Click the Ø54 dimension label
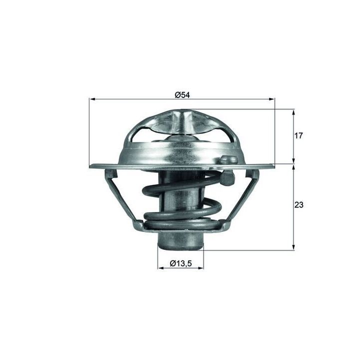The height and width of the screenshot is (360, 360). click(182, 94)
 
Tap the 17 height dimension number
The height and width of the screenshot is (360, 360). click(298, 135)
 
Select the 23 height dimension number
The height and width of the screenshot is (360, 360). click(298, 204)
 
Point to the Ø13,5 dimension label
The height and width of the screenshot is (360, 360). click(180, 263)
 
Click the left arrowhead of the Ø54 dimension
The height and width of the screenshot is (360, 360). click(92, 99)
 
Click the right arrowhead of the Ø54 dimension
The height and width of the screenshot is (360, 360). click(271, 99)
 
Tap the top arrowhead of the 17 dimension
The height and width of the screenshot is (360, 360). click(293, 112)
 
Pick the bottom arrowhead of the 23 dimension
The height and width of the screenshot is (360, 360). click(293, 247)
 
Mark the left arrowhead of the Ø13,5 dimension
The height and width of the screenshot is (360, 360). click(160, 268)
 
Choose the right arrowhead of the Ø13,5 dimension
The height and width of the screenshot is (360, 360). click(200, 268)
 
